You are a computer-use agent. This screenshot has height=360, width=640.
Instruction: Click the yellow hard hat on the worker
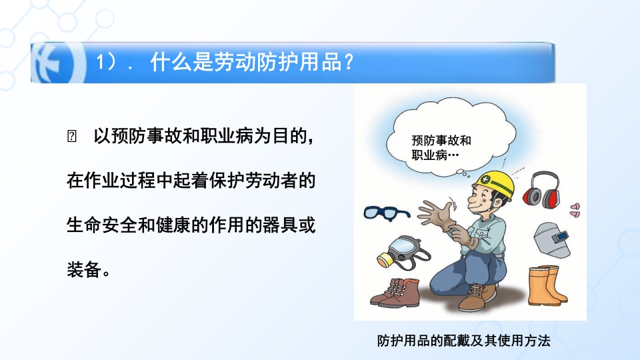497,184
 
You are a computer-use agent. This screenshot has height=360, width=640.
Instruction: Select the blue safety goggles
386,213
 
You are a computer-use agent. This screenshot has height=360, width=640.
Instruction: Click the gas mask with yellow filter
402,253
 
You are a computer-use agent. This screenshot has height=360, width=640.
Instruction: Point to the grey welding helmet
552,239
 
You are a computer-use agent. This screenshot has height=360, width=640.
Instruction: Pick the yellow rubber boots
547,285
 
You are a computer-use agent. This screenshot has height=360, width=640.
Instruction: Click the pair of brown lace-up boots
395,293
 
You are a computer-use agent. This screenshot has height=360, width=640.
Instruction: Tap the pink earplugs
575,210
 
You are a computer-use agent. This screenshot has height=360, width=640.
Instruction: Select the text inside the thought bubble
441,148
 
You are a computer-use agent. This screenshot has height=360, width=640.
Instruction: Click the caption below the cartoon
463,341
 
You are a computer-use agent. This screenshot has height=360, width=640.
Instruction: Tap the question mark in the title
349,63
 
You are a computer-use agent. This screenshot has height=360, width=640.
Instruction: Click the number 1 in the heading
100,63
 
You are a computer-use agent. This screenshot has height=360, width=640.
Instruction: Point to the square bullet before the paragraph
71,136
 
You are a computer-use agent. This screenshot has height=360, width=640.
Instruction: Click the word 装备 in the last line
84,269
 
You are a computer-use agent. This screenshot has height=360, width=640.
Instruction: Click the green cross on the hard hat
485,179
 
